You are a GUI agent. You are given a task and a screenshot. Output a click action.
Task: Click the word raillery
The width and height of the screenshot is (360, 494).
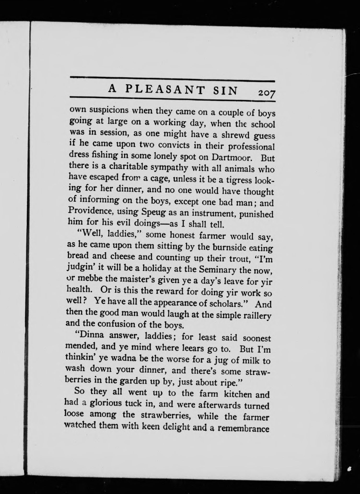(x=256, y=316)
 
